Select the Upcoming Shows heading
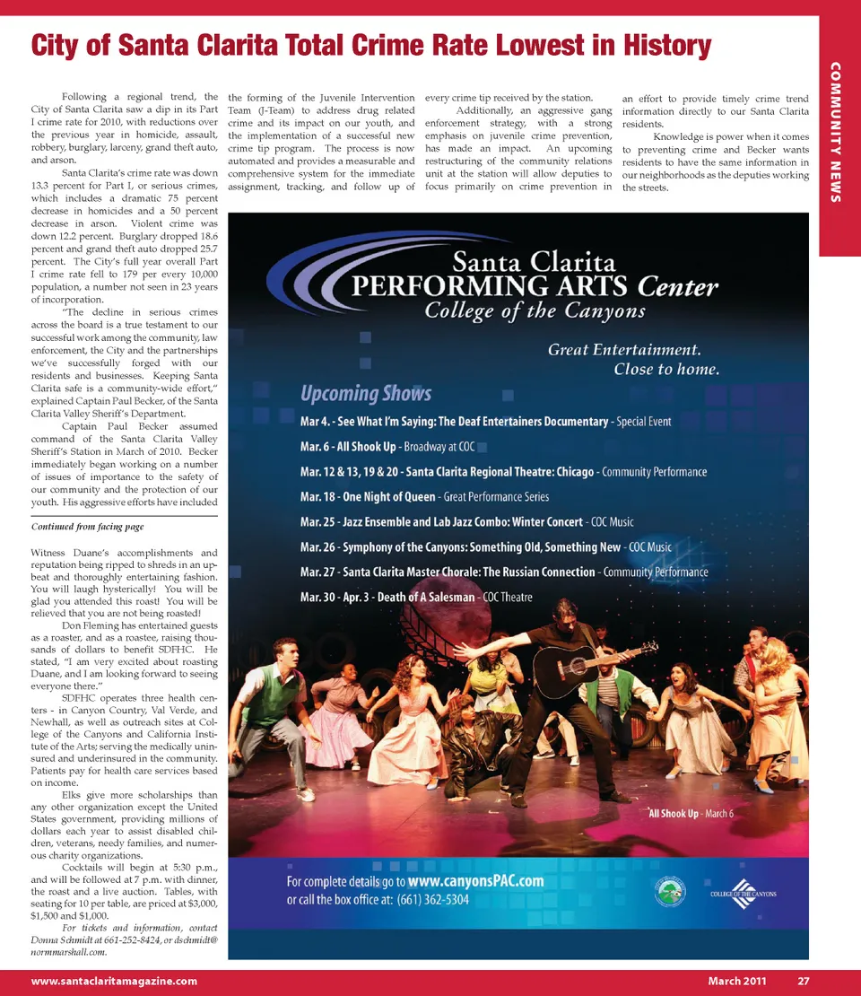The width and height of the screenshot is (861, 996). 366,393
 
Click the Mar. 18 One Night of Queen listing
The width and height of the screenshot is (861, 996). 424,497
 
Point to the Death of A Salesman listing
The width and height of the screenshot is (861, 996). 416,597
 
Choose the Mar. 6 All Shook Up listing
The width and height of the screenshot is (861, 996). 387,447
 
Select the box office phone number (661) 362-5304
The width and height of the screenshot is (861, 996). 433,899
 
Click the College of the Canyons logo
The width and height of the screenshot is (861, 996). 743,890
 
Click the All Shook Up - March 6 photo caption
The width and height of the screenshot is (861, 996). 691,813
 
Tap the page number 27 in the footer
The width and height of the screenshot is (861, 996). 804,981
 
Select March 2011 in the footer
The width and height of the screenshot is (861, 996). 736,981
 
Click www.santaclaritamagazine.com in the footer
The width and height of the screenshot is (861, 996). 114,981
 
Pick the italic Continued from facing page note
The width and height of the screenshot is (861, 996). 87,527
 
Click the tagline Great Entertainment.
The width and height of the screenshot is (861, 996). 624,349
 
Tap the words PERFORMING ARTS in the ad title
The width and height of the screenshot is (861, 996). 491,286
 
